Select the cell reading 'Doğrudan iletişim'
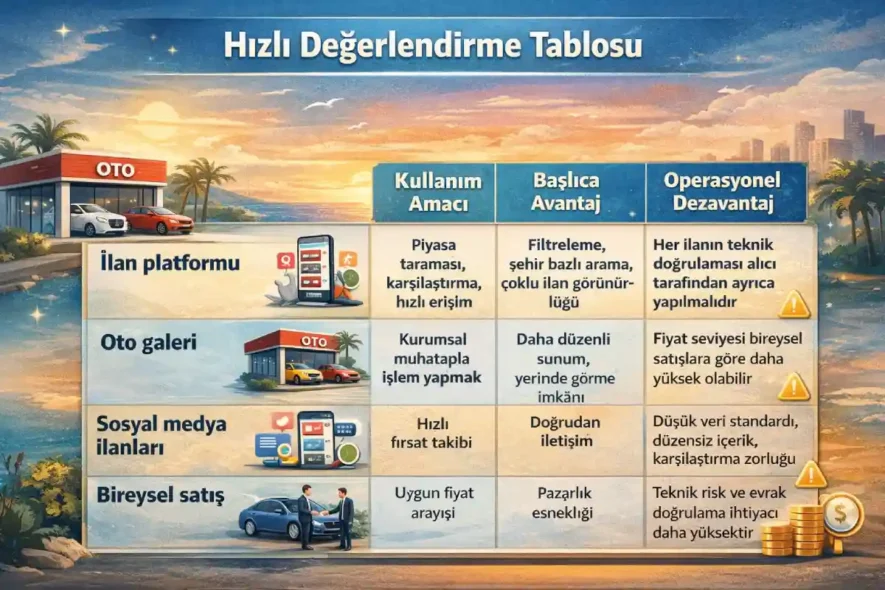[561, 431]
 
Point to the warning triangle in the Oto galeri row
[793, 384]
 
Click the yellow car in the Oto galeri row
[299, 373]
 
